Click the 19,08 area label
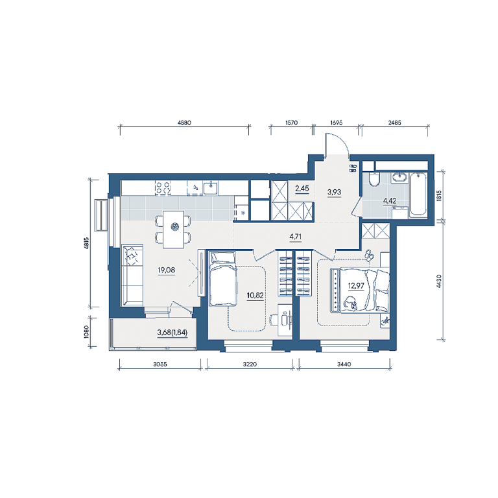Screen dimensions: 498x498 [167, 270]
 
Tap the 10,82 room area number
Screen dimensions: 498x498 [255, 296]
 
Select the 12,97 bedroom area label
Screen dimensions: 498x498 [356, 286]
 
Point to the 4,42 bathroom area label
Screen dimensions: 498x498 [390, 201]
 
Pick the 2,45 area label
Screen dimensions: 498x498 [302, 188]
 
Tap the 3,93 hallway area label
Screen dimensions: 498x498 [334, 192]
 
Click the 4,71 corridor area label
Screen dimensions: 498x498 [296, 237]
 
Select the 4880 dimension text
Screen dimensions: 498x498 [184, 123]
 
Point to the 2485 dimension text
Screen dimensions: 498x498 [394, 123]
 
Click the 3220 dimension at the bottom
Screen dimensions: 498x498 [250, 364]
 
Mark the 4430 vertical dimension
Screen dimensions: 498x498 [439, 281]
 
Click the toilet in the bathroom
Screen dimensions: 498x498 [373, 179]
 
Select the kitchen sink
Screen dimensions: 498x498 [210, 187]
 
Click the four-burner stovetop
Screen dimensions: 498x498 [163, 187]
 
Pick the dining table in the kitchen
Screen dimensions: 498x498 [173, 229]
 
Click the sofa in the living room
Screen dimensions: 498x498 [132, 275]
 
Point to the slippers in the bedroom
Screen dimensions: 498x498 [369, 255]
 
